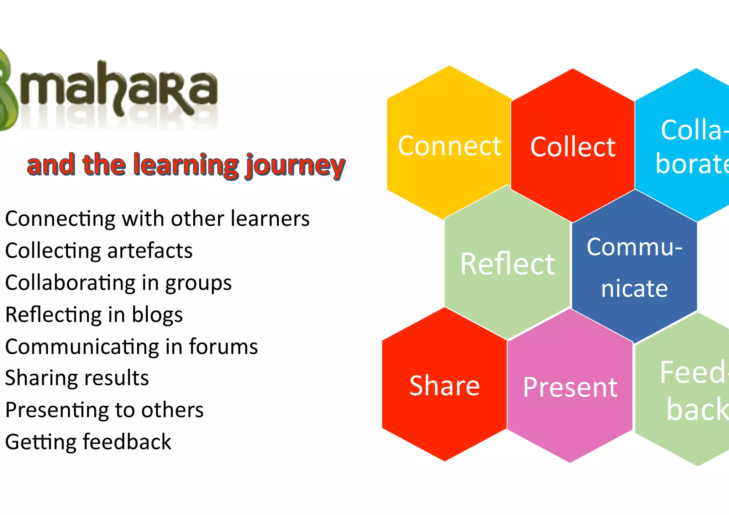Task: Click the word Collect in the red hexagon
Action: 573,147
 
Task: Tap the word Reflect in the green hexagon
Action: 507,264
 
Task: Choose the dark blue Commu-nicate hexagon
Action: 634,267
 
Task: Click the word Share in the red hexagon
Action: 445,386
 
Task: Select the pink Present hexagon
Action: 570,387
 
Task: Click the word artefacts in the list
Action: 150,251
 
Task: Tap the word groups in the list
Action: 198,284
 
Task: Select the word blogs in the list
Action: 157,315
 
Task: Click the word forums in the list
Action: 223,347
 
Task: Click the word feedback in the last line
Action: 127,442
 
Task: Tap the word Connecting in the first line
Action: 60,219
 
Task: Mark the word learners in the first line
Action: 270,219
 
